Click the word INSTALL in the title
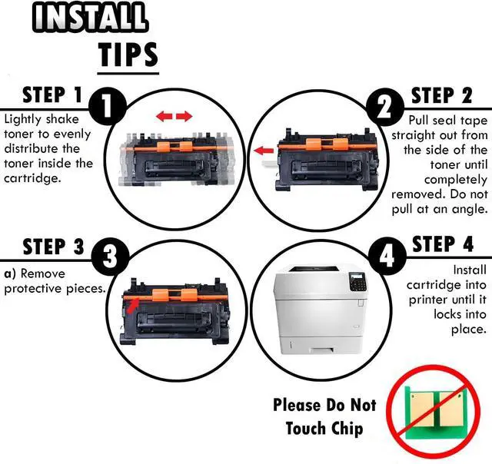pos(90,18)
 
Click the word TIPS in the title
pos(128,55)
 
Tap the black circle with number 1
pos(108,106)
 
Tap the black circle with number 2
pos(385,107)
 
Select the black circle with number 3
pos(110,257)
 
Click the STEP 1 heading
pos(52,94)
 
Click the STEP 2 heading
pos(441,95)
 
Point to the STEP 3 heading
pos(54,247)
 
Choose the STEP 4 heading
pos(443,244)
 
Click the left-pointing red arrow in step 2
pos(264,151)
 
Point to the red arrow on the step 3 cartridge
pos(133,307)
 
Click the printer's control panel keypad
pos(358,282)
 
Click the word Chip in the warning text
pos(347,429)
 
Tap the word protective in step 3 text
pos(33,289)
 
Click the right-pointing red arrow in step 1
pos(184,117)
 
